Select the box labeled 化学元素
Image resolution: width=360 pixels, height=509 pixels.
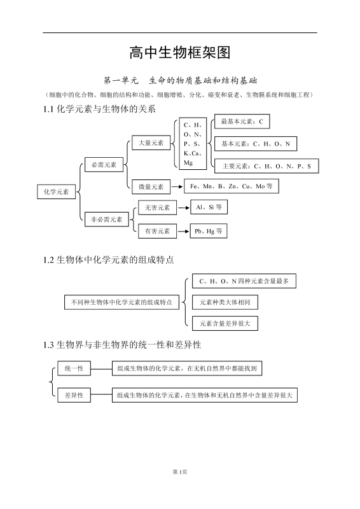pyautogui.click(x=57, y=191)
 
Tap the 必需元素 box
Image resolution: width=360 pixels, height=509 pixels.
pyautogui.click(x=104, y=165)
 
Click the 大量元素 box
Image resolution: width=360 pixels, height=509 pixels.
pyautogui.click(x=151, y=143)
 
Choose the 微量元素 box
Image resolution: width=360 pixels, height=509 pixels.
pyautogui.click(x=151, y=186)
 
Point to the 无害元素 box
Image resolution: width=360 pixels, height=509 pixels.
pyautogui.click(x=157, y=208)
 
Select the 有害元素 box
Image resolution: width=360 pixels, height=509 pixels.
pyautogui.click(x=157, y=231)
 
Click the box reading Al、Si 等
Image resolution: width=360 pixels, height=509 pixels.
pyautogui.click(x=209, y=207)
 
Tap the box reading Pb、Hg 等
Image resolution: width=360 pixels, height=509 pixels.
pyautogui.click(x=209, y=231)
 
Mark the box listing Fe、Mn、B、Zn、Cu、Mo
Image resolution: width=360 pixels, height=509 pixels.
pyautogui.click(x=232, y=186)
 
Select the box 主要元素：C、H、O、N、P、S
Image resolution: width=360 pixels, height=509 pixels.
pyautogui.click(x=266, y=166)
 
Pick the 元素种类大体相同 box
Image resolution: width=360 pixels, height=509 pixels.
pyautogui.click(x=225, y=302)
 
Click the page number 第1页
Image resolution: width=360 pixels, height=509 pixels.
pyautogui.click(x=179, y=471)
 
